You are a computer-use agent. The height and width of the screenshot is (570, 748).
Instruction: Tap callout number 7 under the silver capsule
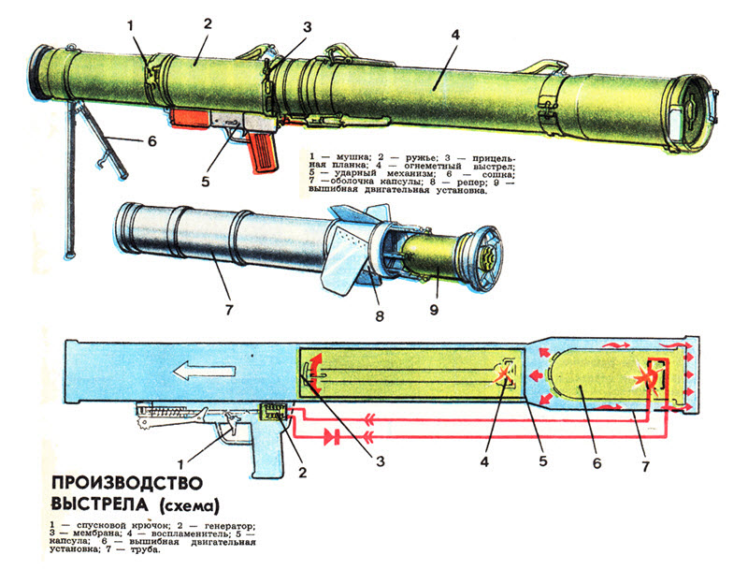pyautogui.click(x=227, y=307)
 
